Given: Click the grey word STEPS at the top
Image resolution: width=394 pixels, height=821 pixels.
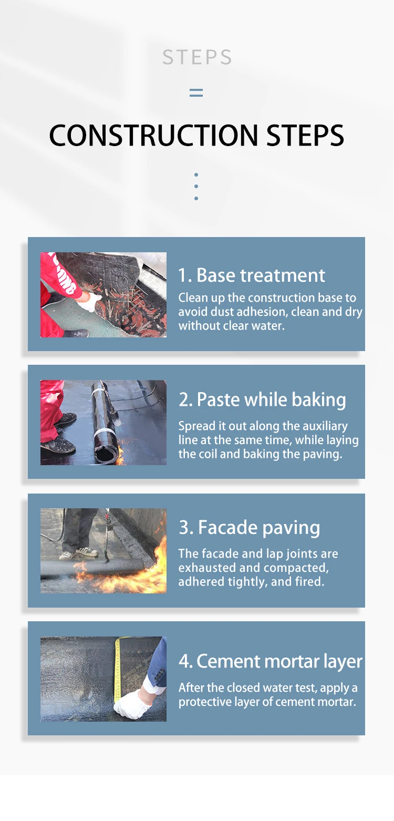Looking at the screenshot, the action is (197, 57).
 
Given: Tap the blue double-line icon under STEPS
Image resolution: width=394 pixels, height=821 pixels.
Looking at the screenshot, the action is (196, 93).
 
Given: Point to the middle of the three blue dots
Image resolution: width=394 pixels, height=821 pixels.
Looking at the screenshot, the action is (196, 186).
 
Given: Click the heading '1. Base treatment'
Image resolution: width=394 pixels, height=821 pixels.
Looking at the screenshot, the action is (252, 275).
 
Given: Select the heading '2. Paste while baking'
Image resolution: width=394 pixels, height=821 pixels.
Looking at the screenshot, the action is (262, 399).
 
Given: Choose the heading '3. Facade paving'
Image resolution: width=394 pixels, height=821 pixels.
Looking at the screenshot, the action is (250, 528).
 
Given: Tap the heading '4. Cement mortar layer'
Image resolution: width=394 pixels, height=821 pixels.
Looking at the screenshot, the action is (271, 661).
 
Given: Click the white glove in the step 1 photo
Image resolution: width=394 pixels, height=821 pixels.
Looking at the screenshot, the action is (90, 302).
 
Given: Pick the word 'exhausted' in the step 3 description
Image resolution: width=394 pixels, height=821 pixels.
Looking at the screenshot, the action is (207, 568).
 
